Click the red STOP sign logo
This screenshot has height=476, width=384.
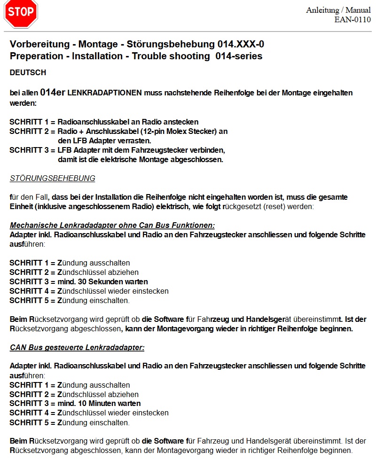pyautogui.click(x=21, y=14)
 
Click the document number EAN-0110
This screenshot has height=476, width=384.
pyautogui.click(x=352, y=19)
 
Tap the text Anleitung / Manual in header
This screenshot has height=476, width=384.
pyautogui.click(x=338, y=10)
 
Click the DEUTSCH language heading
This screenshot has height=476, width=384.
pyautogui.click(x=28, y=73)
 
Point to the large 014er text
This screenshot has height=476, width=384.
pyautogui.click(x=53, y=93)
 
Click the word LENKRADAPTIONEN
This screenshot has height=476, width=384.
pyautogui.click(x=105, y=93)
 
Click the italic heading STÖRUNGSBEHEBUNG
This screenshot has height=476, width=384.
pyautogui.click(x=52, y=179)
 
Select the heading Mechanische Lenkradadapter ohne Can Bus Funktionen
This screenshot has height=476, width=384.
pyautogui.click(x=112, y=225)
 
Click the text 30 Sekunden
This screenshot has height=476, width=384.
pyautogui.click(x=121, y=281)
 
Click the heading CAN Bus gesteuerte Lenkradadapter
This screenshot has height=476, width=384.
pyautogui.click(x=77, y=347)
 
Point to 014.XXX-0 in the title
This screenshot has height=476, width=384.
pyautogui.click(x=240, y=45)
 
